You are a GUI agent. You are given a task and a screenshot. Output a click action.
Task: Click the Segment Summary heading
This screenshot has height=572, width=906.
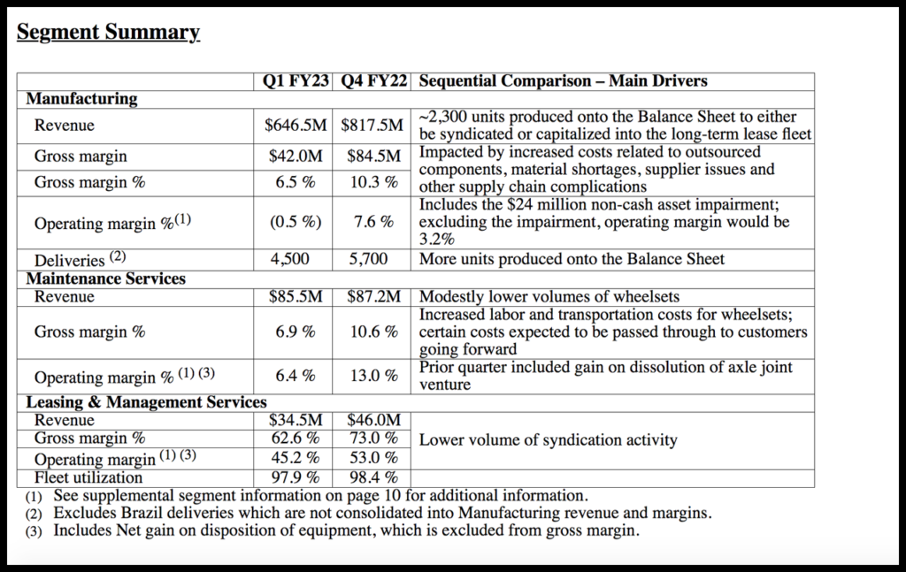coord(108,34)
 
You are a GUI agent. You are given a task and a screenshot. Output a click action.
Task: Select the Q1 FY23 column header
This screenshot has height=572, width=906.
coord(296,81)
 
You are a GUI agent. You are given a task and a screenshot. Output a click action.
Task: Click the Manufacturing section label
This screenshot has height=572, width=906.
coord(81,99)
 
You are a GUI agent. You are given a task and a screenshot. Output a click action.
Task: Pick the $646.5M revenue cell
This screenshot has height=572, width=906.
coord(296,126)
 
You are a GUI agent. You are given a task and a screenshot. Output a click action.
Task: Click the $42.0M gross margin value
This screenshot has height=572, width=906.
coord(296,156)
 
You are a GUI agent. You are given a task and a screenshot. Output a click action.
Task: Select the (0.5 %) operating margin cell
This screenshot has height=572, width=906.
coord(296,223)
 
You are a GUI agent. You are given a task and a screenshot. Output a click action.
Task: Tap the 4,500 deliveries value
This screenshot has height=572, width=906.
coord(296,260)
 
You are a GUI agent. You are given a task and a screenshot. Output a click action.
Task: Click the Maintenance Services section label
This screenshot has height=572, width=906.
coord(105,278)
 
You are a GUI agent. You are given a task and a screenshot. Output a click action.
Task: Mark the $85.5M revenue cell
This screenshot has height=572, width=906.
coord(296,297)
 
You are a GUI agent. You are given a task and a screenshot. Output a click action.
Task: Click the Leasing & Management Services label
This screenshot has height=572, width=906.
coord(146,403)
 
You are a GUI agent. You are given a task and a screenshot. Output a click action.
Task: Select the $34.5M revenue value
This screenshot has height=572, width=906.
coord(296,421)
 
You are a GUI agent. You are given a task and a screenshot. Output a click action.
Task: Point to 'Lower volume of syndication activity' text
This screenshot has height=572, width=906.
coord(548,440)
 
